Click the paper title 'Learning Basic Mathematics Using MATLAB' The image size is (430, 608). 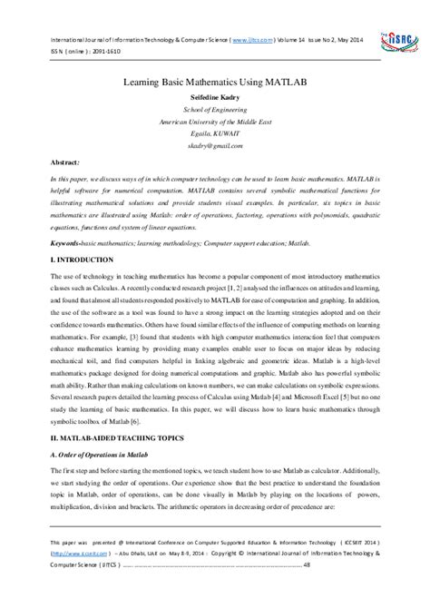point(214,81)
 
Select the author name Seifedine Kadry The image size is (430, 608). point(214,96)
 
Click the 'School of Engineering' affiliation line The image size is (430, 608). point(214,108)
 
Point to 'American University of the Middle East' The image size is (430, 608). point(214,120)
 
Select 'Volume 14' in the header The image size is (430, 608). point(263,41)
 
